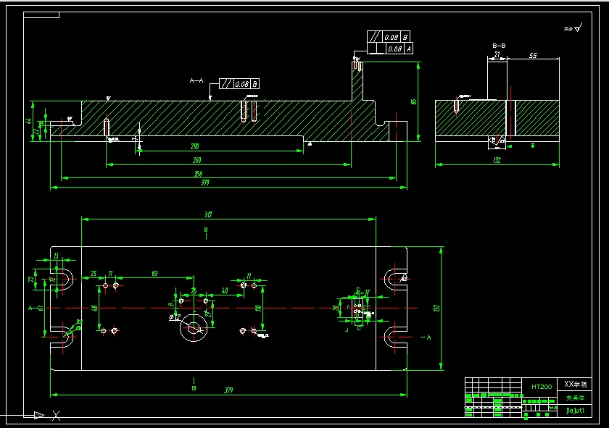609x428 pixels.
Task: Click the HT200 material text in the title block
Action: (542, 387)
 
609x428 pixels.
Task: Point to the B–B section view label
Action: (499, 46)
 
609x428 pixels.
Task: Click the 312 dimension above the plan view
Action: (207, 214)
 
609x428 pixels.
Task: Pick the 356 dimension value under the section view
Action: (198, 174)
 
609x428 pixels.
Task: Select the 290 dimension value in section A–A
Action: (195, 147)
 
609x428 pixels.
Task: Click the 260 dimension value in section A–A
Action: (196, 160)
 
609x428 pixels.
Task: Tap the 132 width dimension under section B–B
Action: (497, 160)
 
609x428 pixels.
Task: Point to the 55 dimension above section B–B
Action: (533, 55)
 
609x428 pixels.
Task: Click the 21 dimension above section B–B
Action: (497, 54)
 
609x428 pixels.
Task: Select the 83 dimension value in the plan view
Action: (154, 273)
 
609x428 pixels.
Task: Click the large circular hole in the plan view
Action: (194, 328)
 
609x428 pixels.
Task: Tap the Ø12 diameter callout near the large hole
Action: (175, 316)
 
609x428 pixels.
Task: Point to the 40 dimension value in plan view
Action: (225, 290)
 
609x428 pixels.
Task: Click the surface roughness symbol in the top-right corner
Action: (573, 29)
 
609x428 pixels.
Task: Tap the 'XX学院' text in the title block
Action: (577, 384)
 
